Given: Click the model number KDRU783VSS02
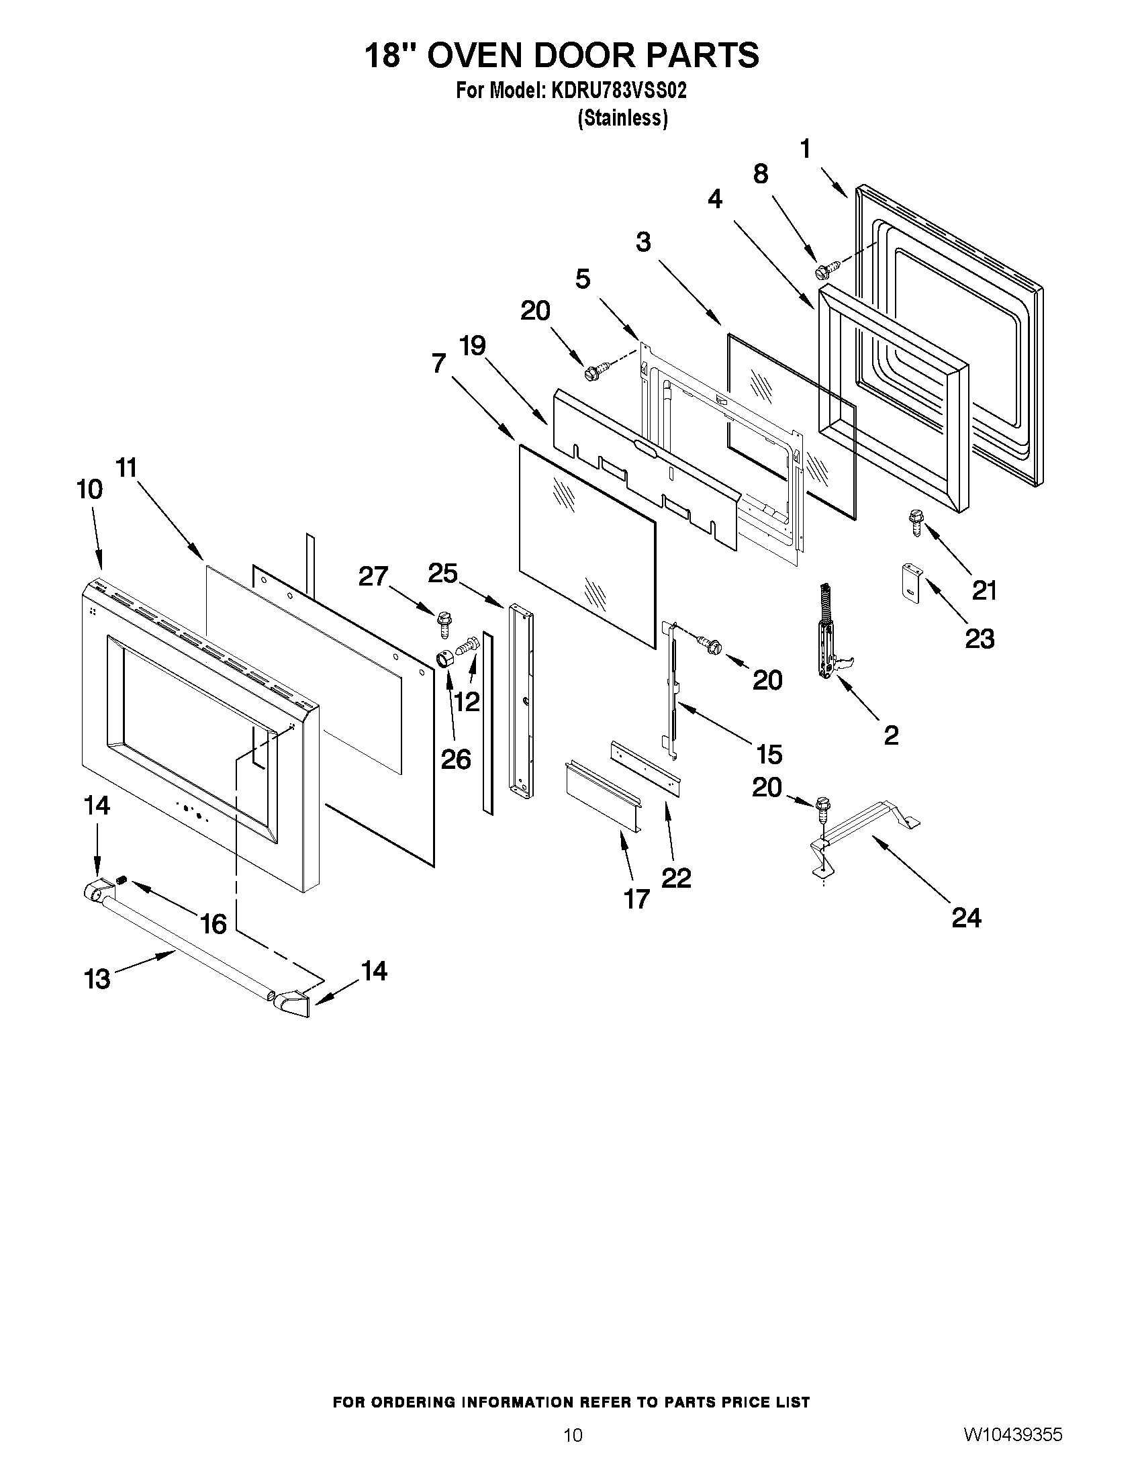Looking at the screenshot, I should pos(618,91).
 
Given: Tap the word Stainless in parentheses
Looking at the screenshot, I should pos(622,118).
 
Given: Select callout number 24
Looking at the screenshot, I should pos(966,918).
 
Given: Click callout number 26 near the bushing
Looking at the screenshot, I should pos(455,759).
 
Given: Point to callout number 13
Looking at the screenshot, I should pos(97,978).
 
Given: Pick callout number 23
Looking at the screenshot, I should pos(980,638).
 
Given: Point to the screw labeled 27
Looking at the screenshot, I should pos(444,622).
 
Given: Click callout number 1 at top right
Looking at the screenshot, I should pos(805,148).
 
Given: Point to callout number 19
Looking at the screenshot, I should pos(473,346).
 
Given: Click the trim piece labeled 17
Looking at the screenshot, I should pos(600,793).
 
